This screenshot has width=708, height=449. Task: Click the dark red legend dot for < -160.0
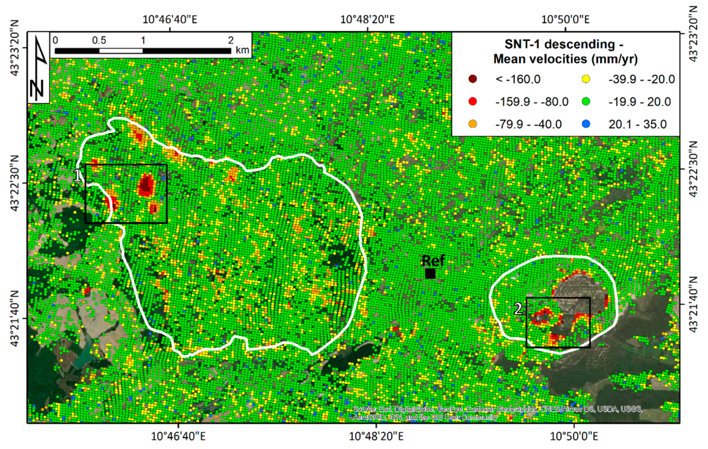coord(472,79)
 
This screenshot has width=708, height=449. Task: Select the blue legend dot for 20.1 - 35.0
coord(586,124)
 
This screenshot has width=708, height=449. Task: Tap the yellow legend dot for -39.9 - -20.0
coord(586,79)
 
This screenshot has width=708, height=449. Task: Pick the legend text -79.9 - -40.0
coord(528,124)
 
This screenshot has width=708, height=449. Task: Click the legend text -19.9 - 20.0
coord(640,102)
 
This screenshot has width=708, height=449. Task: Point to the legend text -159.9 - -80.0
coord(532,102)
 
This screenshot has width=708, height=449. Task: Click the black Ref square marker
coord(430,273)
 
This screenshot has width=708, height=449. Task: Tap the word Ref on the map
coord(433,261)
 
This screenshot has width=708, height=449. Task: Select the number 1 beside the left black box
coord(78,176)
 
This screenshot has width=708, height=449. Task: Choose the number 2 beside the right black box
coord(518,309)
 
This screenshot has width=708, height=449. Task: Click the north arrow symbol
coord(38,68)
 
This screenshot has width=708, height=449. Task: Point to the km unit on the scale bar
coord(242,50)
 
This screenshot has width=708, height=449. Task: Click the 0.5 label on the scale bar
coord(99,40)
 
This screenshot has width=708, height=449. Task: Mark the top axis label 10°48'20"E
coord(367,19)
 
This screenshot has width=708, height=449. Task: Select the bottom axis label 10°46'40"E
coord(178,436)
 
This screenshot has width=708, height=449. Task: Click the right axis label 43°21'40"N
coord(693,304)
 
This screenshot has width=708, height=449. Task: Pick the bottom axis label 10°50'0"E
coord(574,436)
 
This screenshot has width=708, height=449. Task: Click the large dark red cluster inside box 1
coord(146,185)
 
